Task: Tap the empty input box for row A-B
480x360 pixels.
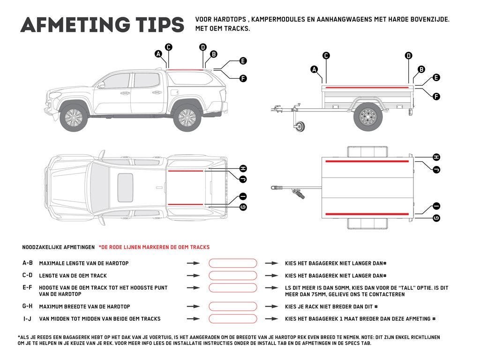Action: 233,263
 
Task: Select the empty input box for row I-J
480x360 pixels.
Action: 233,319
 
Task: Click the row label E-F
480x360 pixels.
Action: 27,287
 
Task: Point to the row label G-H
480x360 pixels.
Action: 27,307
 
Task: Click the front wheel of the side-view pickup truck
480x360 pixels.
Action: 75,118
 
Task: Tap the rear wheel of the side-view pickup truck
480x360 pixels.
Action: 186,118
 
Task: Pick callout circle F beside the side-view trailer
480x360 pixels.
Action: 436,97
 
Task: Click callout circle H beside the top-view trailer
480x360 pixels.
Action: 436,157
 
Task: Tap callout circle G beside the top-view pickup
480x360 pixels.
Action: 243,207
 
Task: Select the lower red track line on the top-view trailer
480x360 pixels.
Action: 367,214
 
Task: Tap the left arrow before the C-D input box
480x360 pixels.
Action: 193,276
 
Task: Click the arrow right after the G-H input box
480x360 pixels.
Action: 271,307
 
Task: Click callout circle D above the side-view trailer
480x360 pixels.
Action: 408,56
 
